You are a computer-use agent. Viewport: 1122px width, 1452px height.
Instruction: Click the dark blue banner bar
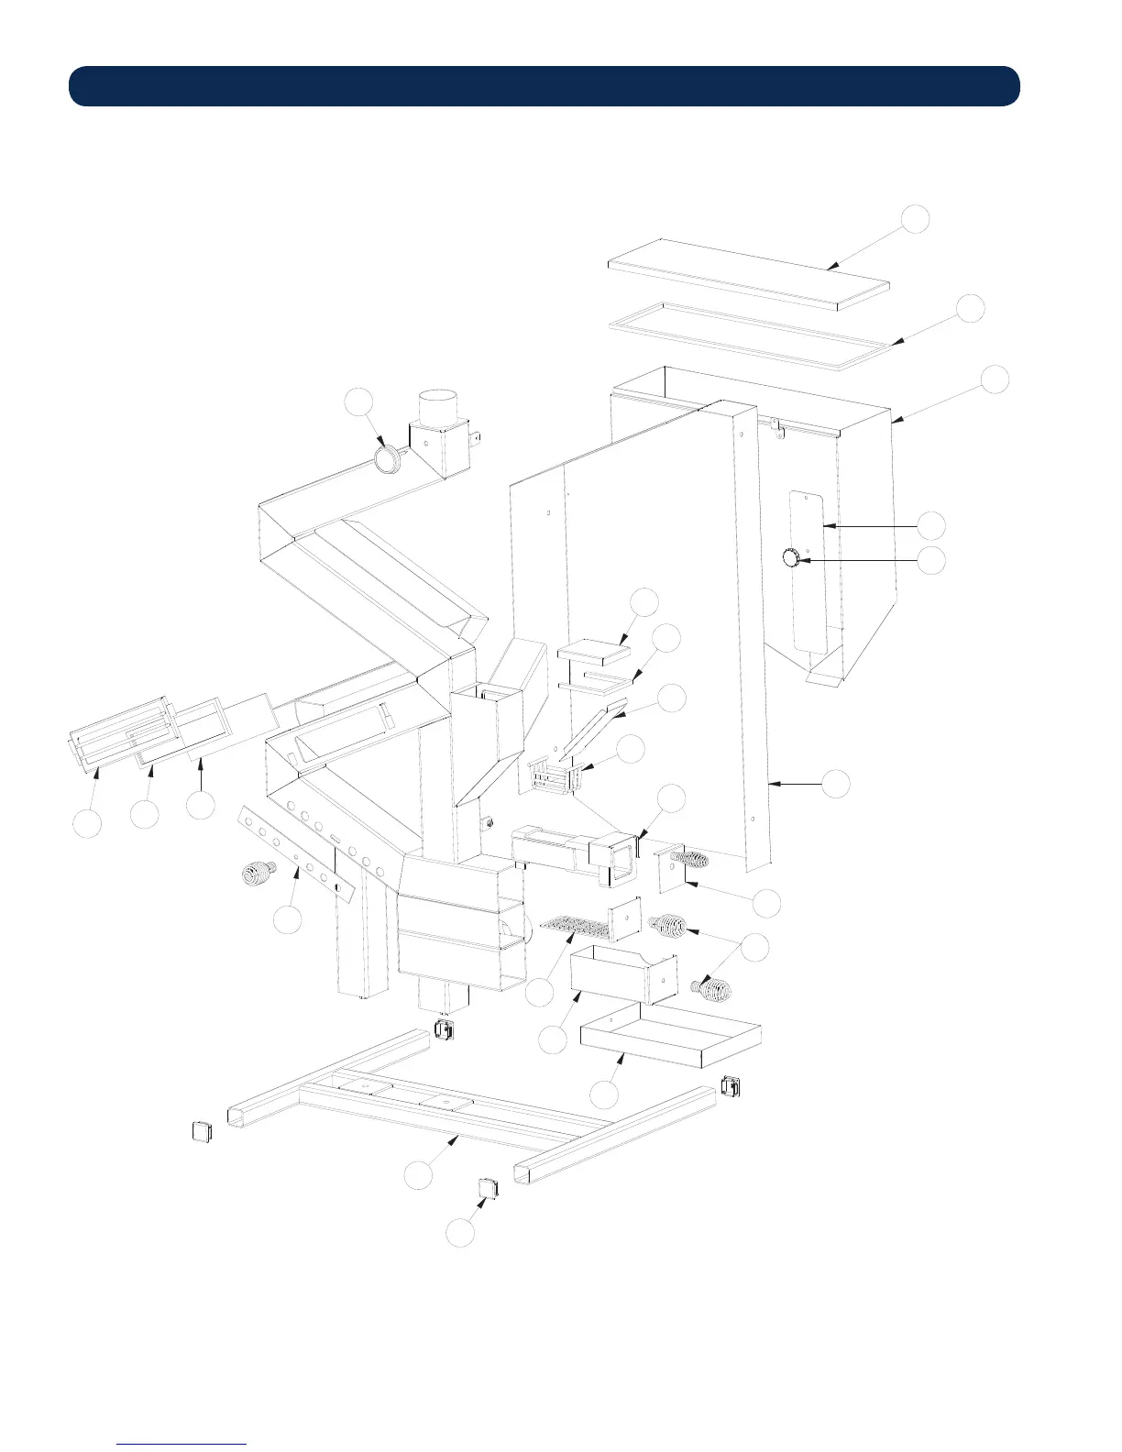544,86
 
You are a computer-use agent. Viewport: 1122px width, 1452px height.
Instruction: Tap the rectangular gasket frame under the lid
750,335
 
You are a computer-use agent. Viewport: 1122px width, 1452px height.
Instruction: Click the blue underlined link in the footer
181,1443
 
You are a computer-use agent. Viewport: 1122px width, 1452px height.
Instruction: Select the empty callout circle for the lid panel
914,220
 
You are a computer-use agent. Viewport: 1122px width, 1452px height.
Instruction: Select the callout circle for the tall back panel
835,784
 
